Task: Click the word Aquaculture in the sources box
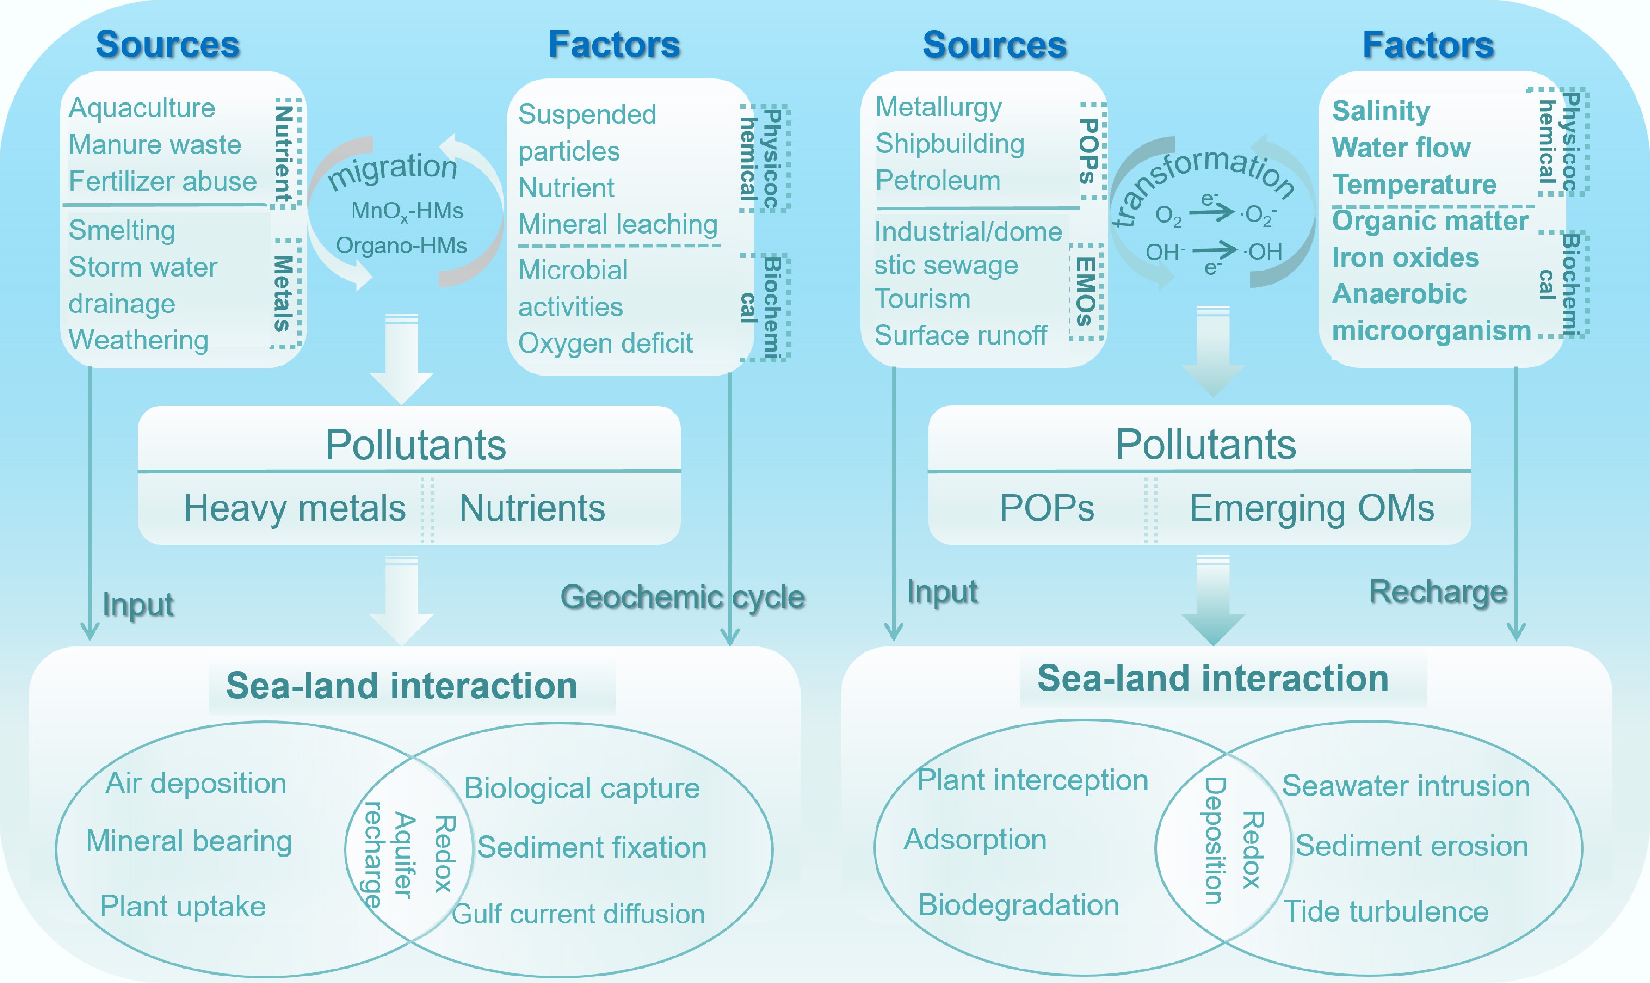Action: point(142,108)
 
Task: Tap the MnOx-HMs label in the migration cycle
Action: point(407,210)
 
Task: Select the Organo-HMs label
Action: point(401,246)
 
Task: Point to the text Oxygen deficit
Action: point(605,343)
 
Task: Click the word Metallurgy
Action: point(938,107)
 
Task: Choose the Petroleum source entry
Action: point(938,180)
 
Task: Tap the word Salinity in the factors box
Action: point(1381,111)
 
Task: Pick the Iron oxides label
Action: point(1405,257)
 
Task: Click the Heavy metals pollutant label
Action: point(294,508)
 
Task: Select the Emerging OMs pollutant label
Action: point(1311,508)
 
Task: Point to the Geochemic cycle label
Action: point(682,597)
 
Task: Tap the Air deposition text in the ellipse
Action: point(196,783)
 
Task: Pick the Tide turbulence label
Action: point(1385,911)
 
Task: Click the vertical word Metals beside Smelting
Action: point(284,293)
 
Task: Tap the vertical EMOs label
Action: point(1084,292)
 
